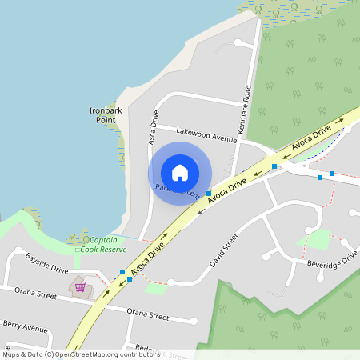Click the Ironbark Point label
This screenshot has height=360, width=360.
click(102, 114)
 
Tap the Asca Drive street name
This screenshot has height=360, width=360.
click(152, 129)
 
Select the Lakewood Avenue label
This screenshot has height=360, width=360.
click(206, 134)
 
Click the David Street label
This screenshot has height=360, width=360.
click(224, 251)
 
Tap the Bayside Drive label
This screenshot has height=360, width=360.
click(47, 264)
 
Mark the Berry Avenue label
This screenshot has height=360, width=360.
click(25, 326)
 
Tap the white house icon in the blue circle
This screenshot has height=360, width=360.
click(180, 173)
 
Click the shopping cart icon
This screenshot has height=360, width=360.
click(80, 287)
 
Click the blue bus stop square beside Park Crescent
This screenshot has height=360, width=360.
click(209, 194)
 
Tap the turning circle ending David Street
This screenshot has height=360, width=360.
click(170, 282)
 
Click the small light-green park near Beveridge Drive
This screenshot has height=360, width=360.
click(318, 238)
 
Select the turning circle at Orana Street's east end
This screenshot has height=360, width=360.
click(194, 322)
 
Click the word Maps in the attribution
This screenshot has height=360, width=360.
click(12, 354)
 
